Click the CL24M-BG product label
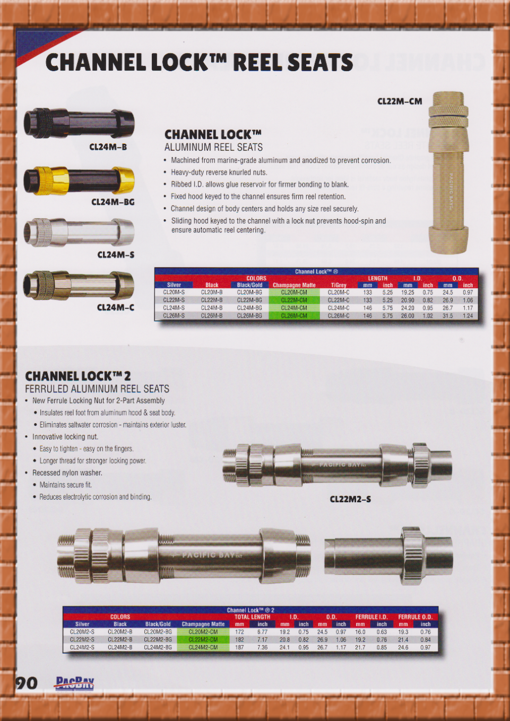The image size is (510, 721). click(x=113, y=202)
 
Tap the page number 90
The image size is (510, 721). click(x=27, y=683)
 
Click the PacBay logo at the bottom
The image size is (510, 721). click(x=75, y=683)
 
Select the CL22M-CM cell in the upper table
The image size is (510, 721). click(x=294, y=300)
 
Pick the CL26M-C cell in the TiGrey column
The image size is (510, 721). click(x=338, y=316)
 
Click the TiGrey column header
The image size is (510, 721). click(x=339, y=285)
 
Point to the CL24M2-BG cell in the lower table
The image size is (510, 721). click(x=158, y=647)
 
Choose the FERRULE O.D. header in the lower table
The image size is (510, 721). click(x=415, y=617)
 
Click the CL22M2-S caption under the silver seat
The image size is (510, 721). click(x=350, y=499)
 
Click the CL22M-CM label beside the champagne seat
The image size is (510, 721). click(x=399, y=101)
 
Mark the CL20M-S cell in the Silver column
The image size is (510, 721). click(x=174, y=292)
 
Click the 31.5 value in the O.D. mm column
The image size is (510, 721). click(x=447, y=316)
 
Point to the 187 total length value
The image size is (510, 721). click(x=239, y=647)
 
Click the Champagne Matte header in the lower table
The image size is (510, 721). click(x=203, y=624)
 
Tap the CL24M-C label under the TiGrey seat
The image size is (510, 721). click(x=116, y=307)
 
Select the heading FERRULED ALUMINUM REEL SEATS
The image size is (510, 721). click(x=97, y=389)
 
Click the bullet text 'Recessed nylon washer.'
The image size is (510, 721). click(x=67, y=473)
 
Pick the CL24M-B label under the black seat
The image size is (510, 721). click(x=108, y=147)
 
